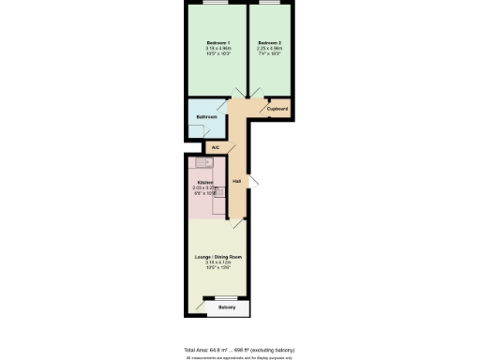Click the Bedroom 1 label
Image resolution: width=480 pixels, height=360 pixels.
(x=217, y=42)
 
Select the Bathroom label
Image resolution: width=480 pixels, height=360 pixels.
(x=206, y=117)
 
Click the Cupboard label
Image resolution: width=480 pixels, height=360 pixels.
(x=277, y=110)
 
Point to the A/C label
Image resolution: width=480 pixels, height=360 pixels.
(x=215, y=147)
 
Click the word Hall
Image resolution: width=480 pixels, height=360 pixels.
(x=237, y=181)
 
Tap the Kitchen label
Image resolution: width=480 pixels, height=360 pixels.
(x=205, y=183)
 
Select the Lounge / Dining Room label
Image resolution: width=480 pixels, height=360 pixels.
(x=217, y=257)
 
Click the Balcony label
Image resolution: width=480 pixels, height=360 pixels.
(x=227, y=307)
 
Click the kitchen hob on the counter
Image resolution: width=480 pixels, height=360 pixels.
(x=218, y=191)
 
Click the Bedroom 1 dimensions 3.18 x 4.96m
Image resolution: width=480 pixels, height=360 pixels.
(x=217, y=48)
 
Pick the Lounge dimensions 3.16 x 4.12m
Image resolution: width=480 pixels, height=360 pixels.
(x=217, y=262)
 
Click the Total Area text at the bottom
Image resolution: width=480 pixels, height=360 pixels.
(x=239, y=349)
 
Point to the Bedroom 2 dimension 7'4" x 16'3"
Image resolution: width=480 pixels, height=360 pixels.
(x=270, y=53)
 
